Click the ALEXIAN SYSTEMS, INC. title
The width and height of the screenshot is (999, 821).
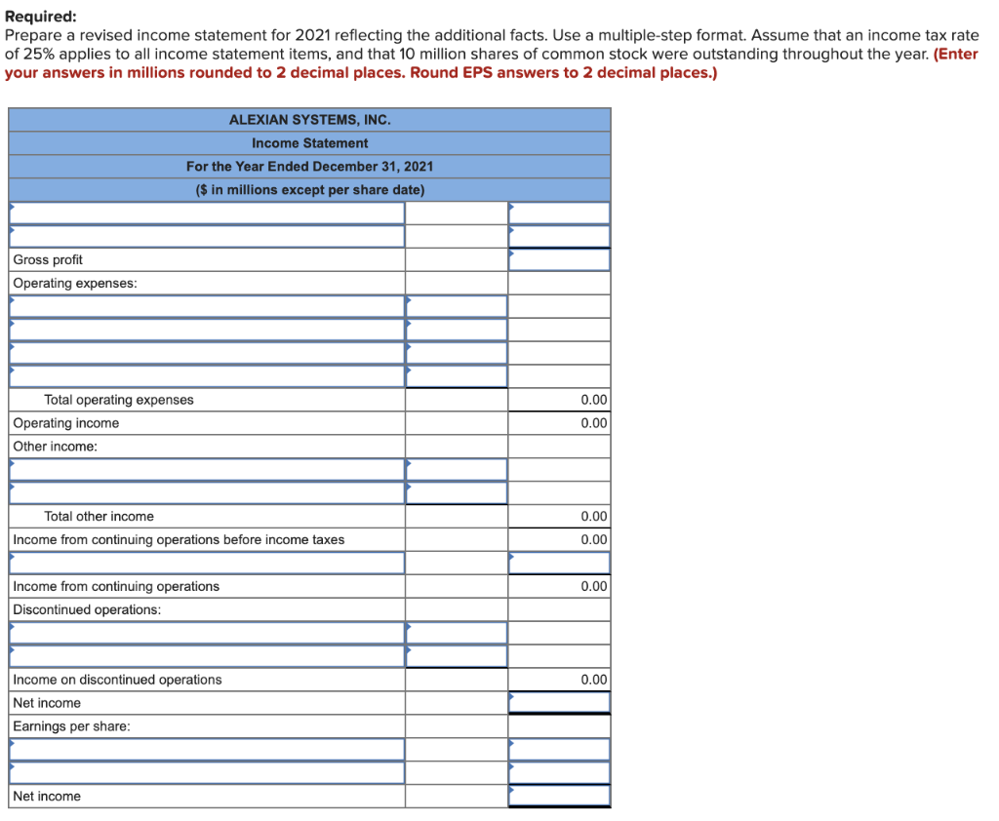click(x=309, y=120)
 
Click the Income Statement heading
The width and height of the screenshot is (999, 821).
click(x=309, y=143)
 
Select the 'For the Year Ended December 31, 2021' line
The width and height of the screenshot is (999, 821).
click(x=309, y=167)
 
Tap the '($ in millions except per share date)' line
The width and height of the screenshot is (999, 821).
click(x=309, y=190)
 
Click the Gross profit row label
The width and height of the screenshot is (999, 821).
click(x=48, y=259)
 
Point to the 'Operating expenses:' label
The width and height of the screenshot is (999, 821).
click(x=75, y=283)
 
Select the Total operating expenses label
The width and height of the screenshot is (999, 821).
click(x=118, y=400)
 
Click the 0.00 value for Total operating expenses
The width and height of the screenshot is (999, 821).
click(x=593, y=400)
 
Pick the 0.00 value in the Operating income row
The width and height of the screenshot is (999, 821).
click(x=593, y=423)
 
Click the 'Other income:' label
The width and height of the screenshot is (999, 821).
click(x=56, y=447)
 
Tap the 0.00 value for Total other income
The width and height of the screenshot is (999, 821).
click(x=593, y=517)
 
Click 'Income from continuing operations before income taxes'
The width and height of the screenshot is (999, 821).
click(x=179, y=540)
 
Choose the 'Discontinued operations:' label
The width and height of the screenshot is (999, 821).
click(x=87, y=610)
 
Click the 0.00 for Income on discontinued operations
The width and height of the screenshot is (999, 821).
click(x=593, y=680)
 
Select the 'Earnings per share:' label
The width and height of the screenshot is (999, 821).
click(x=71, y=726)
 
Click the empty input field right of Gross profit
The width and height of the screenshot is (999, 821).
click(x=559, y=259)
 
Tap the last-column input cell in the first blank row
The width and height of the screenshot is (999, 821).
click(x=559, y=213)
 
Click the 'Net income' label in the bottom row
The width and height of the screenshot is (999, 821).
click(x=47, y=797)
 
